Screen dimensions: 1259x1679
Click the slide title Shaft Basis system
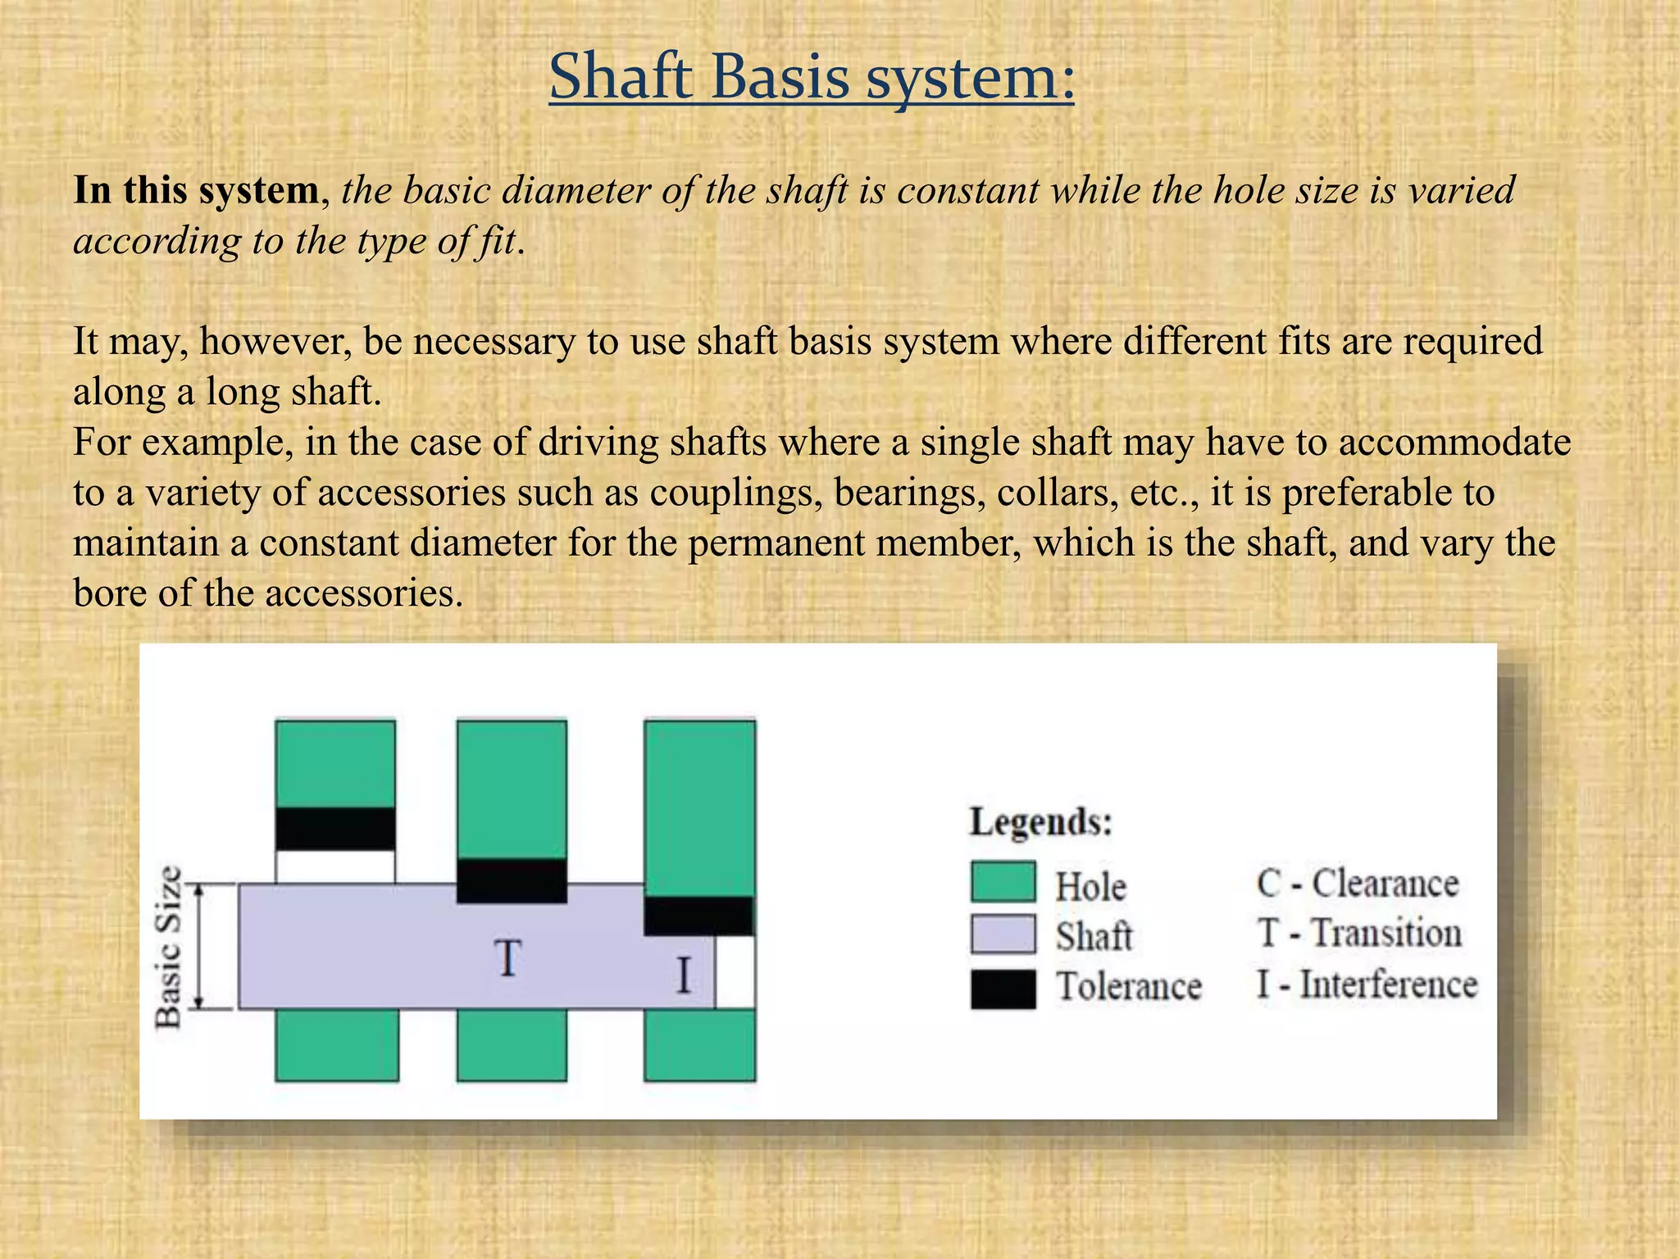[811, 76]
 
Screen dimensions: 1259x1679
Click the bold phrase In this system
[196, 190]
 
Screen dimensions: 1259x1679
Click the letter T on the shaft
[507, 958]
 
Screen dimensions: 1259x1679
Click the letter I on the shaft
[683, 976]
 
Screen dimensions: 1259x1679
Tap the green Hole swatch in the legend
[1003, 882]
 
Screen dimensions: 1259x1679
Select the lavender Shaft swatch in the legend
[1003, 934]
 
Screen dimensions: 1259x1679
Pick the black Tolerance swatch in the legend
[1003, 989]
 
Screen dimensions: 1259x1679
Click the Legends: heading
[1040, 821]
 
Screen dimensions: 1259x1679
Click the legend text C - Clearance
[1357, 884]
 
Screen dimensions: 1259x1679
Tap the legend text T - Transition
[1358, 934]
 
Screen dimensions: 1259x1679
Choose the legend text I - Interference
[1367, 984]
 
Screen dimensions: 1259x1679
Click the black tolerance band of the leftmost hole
[335, 829]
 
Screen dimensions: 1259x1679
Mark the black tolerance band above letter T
[512, 881]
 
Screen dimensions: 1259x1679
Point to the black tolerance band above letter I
[698, 916]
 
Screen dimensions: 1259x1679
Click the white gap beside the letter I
[735, 973]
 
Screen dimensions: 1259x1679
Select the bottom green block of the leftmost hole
[337, 1044]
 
